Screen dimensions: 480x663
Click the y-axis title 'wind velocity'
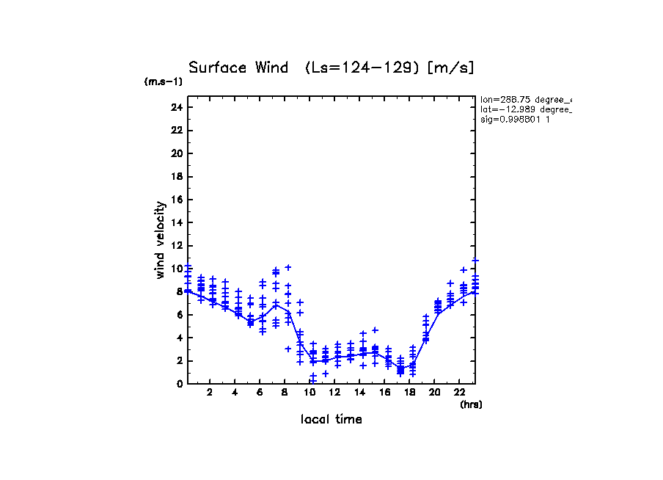[x=160, y=240]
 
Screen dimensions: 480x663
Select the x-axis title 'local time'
[x=331, y=419]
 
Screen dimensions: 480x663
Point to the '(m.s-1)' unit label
[x=163, y=82]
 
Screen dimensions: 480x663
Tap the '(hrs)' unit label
[x=470, y=404]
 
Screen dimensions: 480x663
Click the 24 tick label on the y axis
[x=176, y=107]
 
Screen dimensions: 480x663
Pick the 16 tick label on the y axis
[x=176, y=200]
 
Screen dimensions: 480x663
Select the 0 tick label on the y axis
[x=179, y=384]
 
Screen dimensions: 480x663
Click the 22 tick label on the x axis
[x=460, y=392]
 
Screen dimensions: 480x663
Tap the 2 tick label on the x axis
[x=210, y=392]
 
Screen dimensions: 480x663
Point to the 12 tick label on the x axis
[x=335, y=392]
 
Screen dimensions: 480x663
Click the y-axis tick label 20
[x=176, y=153]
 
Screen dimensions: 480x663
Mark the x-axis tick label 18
[x=410, y=392]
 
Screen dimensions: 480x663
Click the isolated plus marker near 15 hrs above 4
[x=375, y=330]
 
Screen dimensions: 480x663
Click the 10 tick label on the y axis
[x=176, y=269]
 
